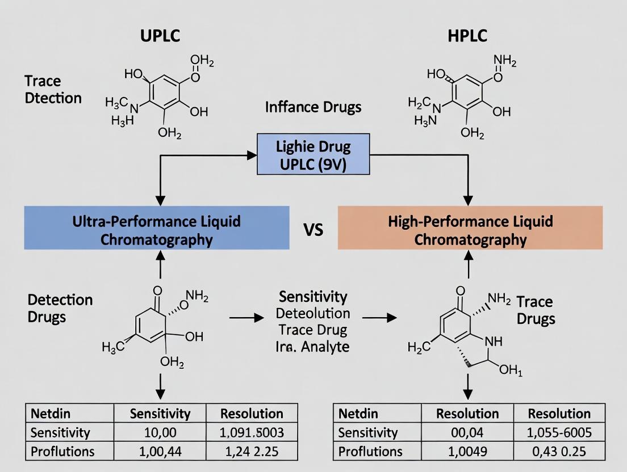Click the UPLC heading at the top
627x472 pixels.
click(160, 35)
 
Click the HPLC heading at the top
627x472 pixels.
click(467, 35)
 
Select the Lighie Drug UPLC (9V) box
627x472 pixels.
click(313, 154)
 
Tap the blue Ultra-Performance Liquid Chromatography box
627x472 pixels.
click(157, 228)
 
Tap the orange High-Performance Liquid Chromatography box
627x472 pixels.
click(470, 228)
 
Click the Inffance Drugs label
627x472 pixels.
click(313, 107)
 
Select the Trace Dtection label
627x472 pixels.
click(53, 90)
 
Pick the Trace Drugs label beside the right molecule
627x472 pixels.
click(535, 310)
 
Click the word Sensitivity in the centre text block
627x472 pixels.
click(313, 297)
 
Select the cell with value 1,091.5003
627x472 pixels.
click(252, 432)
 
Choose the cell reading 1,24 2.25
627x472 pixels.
click(252, 452)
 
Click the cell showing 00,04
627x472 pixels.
click(467, 432)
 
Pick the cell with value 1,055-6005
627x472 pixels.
click(559, 432)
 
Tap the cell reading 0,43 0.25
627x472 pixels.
click(559, 452)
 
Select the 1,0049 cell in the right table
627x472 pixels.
click(467, 452)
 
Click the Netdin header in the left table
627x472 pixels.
click(50, 413)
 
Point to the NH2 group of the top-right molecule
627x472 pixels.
click(505, 61)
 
